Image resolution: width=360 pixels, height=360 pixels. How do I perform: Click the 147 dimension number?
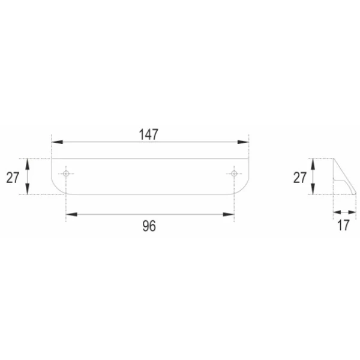click(x=149, y=134)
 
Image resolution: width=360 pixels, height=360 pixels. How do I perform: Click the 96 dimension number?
click(x=149, y=226)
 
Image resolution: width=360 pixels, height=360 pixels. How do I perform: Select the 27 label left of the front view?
click(x=14, y=177)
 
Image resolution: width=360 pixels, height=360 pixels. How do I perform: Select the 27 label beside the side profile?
click(x=299, y=177)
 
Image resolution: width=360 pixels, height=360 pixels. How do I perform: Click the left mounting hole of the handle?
click(x=66, y=173)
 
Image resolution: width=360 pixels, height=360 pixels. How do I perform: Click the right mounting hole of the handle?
click(x=233, y=173)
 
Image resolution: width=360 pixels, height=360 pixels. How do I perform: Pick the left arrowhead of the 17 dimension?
click(x=337, y=212)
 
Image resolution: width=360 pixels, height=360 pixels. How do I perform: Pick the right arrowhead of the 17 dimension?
click(x=350, y=212)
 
